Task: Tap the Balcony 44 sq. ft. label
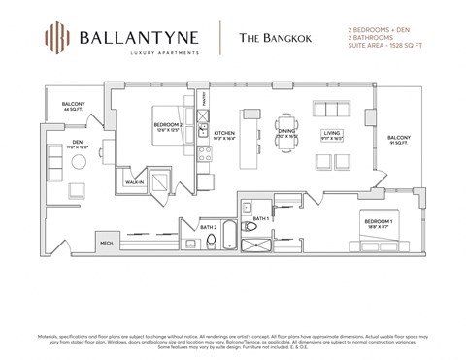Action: pyautogui.click(x=74, y=106)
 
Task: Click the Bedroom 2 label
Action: pyautogui.click(x=167, y=126)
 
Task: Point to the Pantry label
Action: pyautogui.click(x=204, y=100)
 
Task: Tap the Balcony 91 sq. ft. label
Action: pyautogui.click(x=398, y=141)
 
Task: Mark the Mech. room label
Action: pyautogui.click(x=105, y=244)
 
